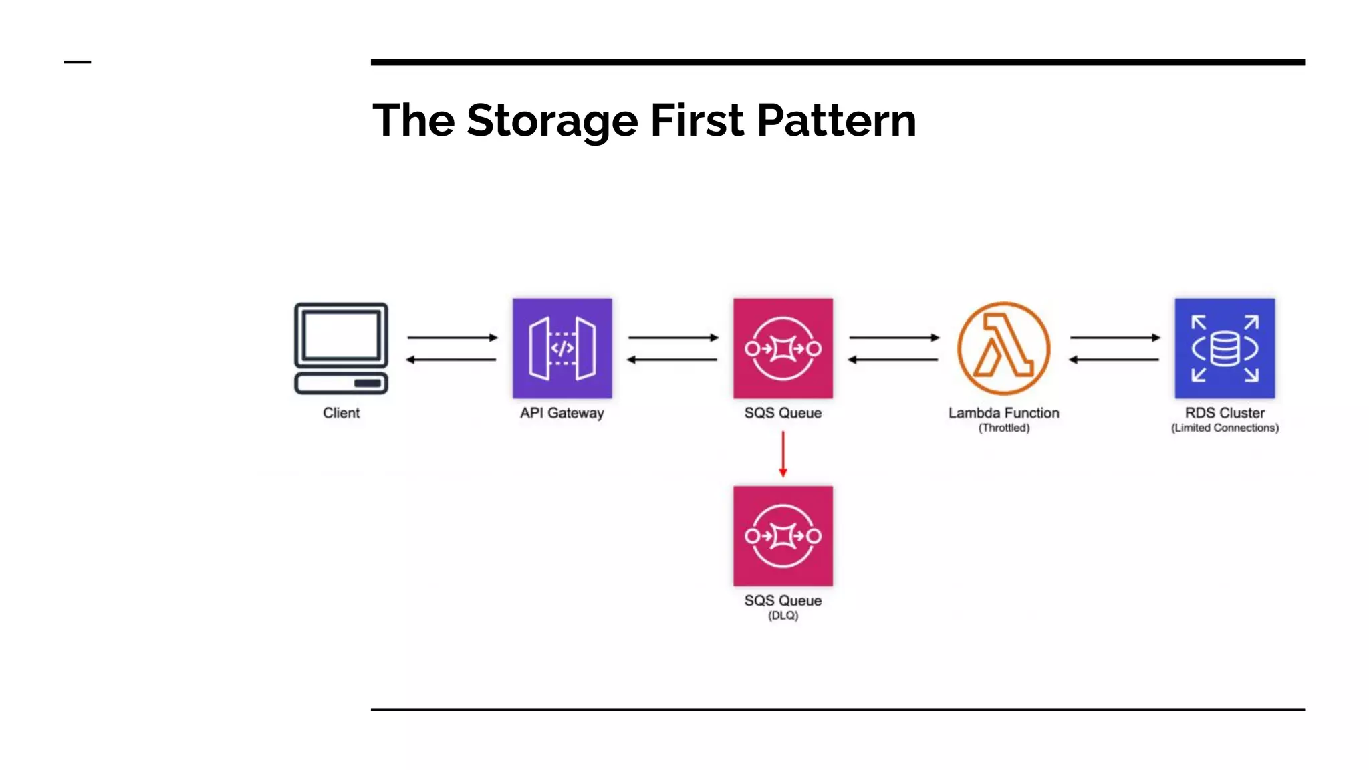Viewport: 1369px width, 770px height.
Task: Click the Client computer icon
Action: point(341,348)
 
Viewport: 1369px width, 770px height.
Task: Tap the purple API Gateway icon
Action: point(562,348)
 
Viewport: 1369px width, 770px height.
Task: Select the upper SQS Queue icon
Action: point(783,348)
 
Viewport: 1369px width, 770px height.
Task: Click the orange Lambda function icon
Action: point(1003,348)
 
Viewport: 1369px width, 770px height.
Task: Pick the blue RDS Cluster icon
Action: point(1225,348)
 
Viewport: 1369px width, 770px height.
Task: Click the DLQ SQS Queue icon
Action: point(783,536)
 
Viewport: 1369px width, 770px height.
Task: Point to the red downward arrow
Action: point(783,455)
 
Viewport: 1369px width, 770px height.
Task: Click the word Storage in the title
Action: point(552,121)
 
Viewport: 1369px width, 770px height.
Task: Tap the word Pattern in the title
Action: point(836,121)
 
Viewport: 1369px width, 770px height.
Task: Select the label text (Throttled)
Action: point(1004,428)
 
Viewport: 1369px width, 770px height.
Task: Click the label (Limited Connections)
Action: point(1225,428)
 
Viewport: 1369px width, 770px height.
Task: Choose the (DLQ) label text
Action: point(783,616)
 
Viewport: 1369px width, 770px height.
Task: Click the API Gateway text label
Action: point(562,413)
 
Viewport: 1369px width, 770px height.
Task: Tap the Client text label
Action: point(341,413)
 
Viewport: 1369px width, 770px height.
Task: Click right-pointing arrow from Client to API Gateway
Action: point(453,338)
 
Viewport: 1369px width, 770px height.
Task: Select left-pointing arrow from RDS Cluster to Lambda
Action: point(1114,360)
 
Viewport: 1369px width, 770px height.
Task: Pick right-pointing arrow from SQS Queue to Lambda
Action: point(894,338)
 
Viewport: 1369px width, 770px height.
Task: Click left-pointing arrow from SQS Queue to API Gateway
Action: point(672,360)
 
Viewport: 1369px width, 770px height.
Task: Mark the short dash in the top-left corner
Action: point(77,62)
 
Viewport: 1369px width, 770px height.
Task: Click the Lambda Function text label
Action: point(1003,413)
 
